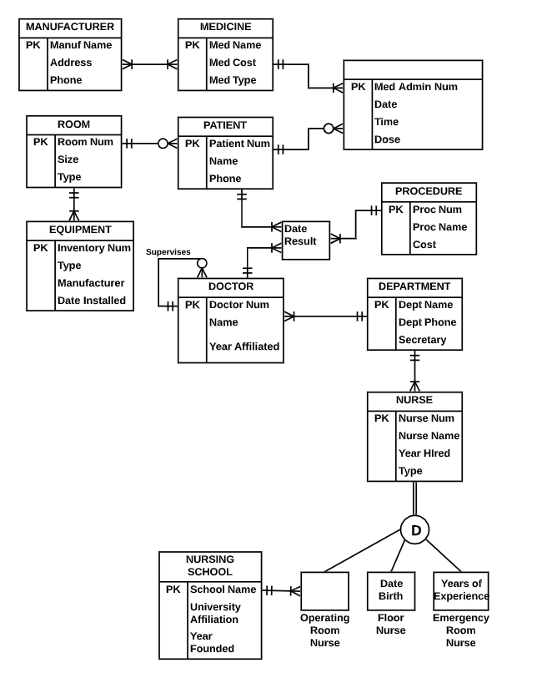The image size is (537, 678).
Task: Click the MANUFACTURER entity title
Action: [x=70, y=27]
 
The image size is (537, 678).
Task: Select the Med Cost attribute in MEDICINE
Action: [x=233, y=63]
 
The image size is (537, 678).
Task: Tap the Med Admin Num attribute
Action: [x=416, y=87]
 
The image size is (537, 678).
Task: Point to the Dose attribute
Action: [x=388, y=139]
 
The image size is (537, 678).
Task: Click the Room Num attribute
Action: [x=85, y=142]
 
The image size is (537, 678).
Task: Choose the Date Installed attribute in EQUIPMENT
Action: [x=92, y=301]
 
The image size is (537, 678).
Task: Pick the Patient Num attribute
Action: [x=239, y=144]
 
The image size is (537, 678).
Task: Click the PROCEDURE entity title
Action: [x=429, y=192]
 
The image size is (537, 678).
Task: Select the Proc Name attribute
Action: [x=439, y=227]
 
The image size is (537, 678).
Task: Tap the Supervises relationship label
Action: [x=168, y=252]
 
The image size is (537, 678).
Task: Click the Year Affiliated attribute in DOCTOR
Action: [x=244, y=347]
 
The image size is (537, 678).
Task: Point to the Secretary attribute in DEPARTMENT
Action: [x=422, y=340]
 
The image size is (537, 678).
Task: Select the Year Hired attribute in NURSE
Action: [x=424, y=453]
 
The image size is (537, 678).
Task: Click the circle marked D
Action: [x=415, y=530]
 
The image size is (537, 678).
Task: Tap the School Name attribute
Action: [x=223, y=589]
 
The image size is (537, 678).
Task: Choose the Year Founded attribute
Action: [x=212, y=642]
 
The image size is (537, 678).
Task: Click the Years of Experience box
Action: [x=461, y=590]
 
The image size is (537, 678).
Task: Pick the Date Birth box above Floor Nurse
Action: [x=391, y=590]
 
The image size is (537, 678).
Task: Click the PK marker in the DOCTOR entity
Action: [x=193, y=305]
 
